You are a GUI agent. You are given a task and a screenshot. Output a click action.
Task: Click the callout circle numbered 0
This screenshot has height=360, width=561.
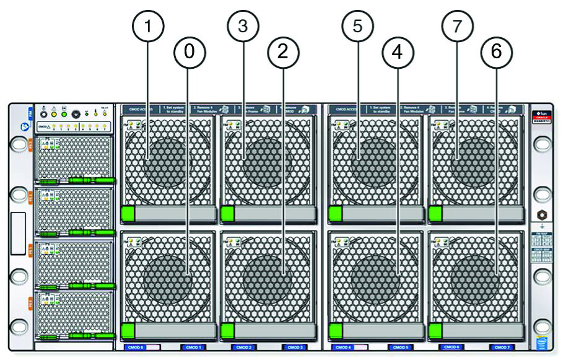[x=189, y=52]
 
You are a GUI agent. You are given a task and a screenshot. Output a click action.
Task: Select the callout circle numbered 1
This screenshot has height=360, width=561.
[x=147, y=26]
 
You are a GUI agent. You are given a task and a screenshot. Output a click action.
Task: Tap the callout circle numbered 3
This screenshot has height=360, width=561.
[x=243, y=26]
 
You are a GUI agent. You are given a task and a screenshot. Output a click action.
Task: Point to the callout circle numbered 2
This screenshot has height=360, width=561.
[x=283, y=52]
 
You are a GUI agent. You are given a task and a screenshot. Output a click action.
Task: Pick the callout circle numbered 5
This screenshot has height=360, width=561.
[x=357, y=26]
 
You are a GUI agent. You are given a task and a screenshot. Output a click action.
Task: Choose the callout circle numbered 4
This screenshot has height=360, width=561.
[x=398, y=52]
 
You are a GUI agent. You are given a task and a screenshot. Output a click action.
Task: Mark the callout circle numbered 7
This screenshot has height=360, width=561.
[x=458, y=26]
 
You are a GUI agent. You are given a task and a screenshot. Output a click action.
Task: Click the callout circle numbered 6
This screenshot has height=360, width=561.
[x=497, y=52]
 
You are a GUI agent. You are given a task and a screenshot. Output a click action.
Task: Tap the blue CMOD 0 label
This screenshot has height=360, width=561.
[x=135, y=348]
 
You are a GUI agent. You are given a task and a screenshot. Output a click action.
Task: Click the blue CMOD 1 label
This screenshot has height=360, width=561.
[x=194, y=348]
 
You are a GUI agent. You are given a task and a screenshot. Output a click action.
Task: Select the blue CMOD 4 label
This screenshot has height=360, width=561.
[x=342, y=348]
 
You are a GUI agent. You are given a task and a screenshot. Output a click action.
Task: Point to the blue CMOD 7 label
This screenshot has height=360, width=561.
[x=502, y=348]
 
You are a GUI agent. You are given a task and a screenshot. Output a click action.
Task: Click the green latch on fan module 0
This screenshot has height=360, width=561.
[x=128, y=330]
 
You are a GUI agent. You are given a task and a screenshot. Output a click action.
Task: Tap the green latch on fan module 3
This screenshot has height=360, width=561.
[x=227, y=214]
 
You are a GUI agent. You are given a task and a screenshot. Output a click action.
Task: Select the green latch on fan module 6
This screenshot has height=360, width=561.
[x=435, y=330]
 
